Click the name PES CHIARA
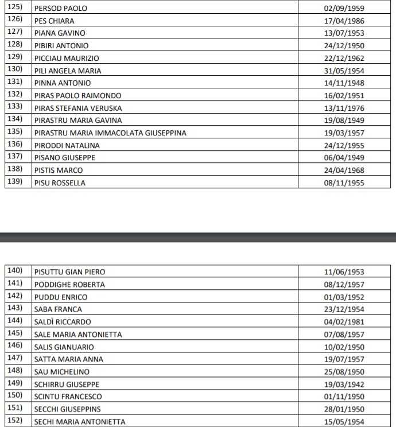tap(54, 21)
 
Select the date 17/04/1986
tap(344, 21)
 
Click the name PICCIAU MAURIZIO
tap(67, 59)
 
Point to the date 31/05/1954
tap(344, 71)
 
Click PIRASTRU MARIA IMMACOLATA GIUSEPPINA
tap(110, 133)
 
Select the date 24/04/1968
tap(344, 170)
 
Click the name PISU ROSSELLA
tap(60, 183)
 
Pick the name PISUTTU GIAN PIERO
tap(69, 272)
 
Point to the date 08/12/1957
tap(344, 285)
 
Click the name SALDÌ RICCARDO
tap(63, 322)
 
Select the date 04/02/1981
tap(344, 322)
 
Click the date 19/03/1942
tap(344, 385)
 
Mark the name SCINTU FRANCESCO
tap(68, 397)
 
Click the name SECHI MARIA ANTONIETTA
tap(79, 422)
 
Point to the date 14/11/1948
tap(344, 83)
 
